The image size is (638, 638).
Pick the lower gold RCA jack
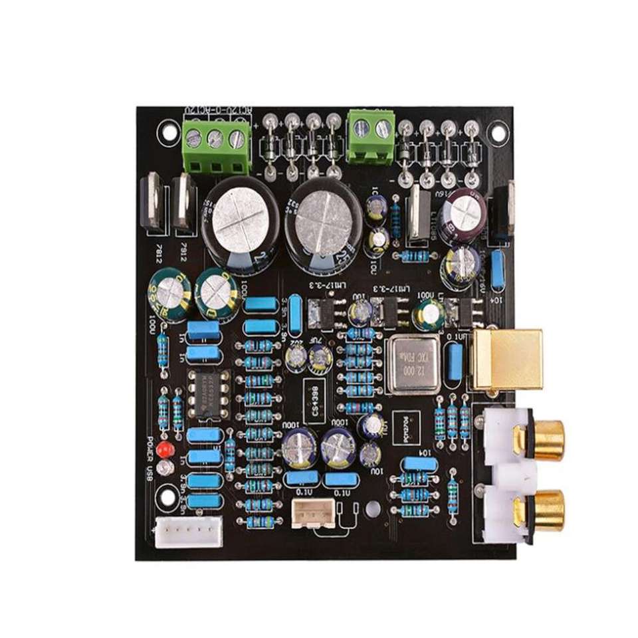coord(537,508)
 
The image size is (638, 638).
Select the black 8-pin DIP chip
coord(208,394)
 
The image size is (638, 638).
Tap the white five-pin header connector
coord(189,532)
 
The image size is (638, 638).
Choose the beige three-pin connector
coord(312,513)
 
